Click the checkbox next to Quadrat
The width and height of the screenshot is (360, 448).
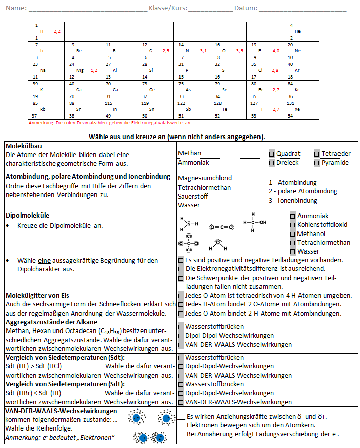(272, 153)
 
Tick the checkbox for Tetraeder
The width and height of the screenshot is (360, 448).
(317, 153)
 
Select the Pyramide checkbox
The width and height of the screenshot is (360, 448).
(317, 163)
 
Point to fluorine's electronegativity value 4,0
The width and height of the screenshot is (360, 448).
(276, 51)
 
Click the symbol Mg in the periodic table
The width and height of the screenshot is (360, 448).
(79, 70)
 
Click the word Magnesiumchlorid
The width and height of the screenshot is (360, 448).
(205, 178)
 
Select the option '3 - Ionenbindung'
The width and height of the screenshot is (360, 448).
(293, 201)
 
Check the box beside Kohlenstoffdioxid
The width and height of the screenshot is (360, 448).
(293, 225)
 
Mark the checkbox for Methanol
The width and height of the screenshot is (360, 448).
(293, 233)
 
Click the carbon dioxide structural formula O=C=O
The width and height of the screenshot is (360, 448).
(222, 227)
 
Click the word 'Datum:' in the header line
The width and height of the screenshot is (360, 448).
(246, 8)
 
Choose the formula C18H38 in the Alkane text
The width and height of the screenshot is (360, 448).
(118, 330)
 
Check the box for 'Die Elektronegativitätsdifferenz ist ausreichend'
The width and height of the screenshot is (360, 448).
(181, 268)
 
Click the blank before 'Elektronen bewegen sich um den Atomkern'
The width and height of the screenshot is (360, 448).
(181, 425)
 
